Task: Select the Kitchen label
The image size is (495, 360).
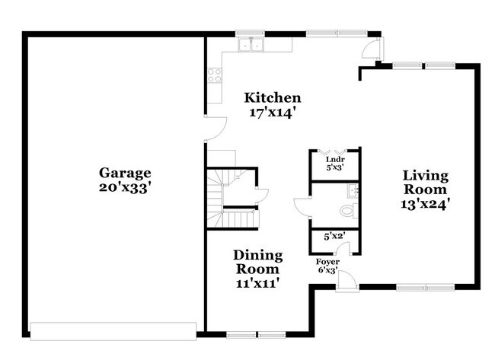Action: click(272, 98)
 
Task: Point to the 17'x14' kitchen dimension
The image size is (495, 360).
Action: click(272, 112)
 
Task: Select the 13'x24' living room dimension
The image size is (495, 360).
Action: click(426, 203)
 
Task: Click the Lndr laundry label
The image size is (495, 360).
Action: click(335, 159)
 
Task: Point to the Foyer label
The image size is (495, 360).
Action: click(328, 262)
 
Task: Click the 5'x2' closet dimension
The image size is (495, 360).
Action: click(334, 237)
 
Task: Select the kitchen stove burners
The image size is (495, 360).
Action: click(215, 75)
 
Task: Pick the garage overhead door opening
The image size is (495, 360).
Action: click(113, 330)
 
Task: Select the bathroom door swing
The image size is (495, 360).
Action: click(302, 208)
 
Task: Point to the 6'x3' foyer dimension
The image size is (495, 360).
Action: click(328, 270)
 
